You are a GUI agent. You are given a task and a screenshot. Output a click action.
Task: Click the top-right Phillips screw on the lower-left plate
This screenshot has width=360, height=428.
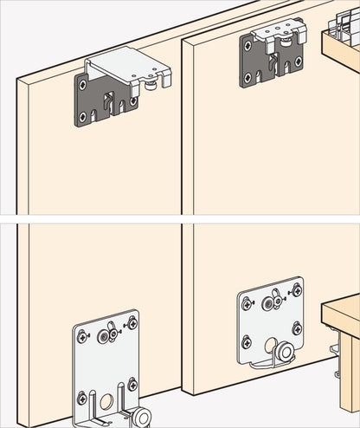tap(132, 323)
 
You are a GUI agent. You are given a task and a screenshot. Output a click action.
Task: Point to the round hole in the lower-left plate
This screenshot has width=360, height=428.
tap(108, 401)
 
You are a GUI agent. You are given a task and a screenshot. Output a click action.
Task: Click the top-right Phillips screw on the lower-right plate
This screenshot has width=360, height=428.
tap(297, 290)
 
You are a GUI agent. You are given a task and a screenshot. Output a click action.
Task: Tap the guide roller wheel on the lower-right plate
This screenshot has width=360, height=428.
tap(283, 351)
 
